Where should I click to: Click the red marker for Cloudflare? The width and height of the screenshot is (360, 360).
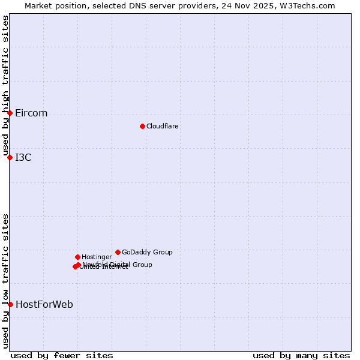(x=142, y=126)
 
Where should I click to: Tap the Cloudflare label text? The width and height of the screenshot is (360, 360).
(x=163, y=127)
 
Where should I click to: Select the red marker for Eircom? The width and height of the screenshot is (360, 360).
(x=10, y=113)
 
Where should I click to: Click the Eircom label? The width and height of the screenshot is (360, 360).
(x=31, y=113)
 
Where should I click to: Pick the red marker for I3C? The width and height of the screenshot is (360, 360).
(x=10, y=157)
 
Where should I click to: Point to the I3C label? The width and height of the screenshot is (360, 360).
(x=23, y=158)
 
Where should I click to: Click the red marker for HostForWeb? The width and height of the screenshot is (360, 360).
(x=10, y=304)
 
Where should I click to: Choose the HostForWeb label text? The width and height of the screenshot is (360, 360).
(x=44, y=305)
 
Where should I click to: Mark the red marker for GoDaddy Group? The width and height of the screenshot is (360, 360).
(x=118, y=252)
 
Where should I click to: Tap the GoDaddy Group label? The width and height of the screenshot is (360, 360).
(x=147, y=253)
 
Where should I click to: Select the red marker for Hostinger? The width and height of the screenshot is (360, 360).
(x=77, y=257)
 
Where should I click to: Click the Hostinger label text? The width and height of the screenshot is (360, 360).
(x=97, y=257)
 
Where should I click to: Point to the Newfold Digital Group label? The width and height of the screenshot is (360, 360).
(x=118, y=265)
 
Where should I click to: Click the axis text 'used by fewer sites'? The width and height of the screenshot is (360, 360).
(x=62, y=355)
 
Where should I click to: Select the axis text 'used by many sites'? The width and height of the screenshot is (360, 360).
(x=301, y=355)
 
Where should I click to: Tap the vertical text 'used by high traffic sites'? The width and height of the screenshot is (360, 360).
(x=5, y=85)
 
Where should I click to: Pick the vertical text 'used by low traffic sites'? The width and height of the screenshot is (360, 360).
(x=5, y=281)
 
